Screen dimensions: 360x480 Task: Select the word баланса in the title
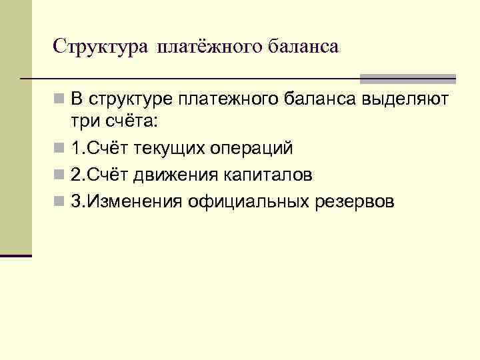[303, 47]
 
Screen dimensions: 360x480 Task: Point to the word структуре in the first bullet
[130, 101]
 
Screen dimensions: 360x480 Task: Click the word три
[84, 122]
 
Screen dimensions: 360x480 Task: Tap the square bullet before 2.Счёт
[59, 175]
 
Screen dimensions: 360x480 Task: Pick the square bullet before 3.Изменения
[59, 201]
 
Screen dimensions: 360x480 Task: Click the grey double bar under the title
[407, 78]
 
